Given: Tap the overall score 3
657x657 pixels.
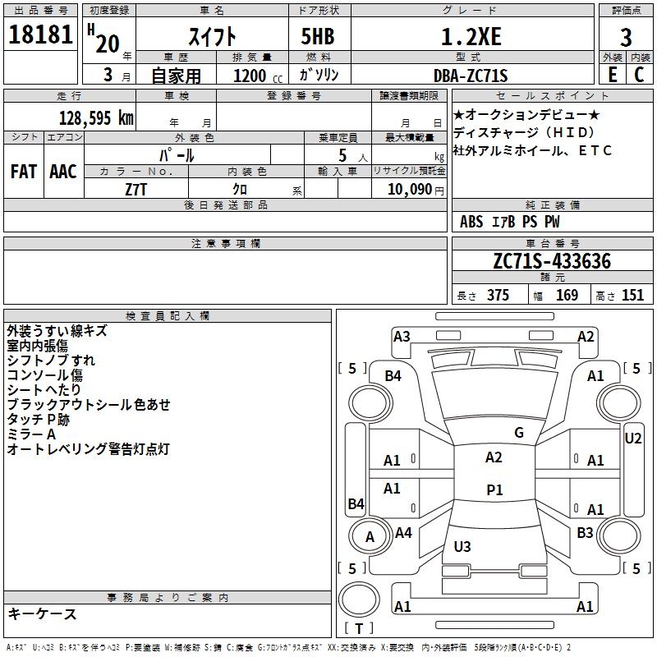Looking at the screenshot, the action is [x=626, y=38].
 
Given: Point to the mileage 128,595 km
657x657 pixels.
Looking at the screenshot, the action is [x=96, y=117].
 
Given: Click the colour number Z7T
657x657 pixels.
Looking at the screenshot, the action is [x=136, y=189].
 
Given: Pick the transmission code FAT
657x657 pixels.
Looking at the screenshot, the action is [x=23, y=172].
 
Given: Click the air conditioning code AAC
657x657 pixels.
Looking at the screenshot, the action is [x=62, y=172].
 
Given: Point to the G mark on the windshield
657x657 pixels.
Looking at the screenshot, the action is [x=518, y=433].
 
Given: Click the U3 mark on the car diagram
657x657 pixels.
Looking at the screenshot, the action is [x=462, y=546].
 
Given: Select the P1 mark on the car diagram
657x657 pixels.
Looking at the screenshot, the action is [x=494, y=489].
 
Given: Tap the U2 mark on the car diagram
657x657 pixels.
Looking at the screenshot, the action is [x=632, y=439].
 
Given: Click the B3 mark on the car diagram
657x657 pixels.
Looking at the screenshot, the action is [x=585, y=533].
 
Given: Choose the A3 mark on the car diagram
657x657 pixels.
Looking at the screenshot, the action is [x=402, y=336].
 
